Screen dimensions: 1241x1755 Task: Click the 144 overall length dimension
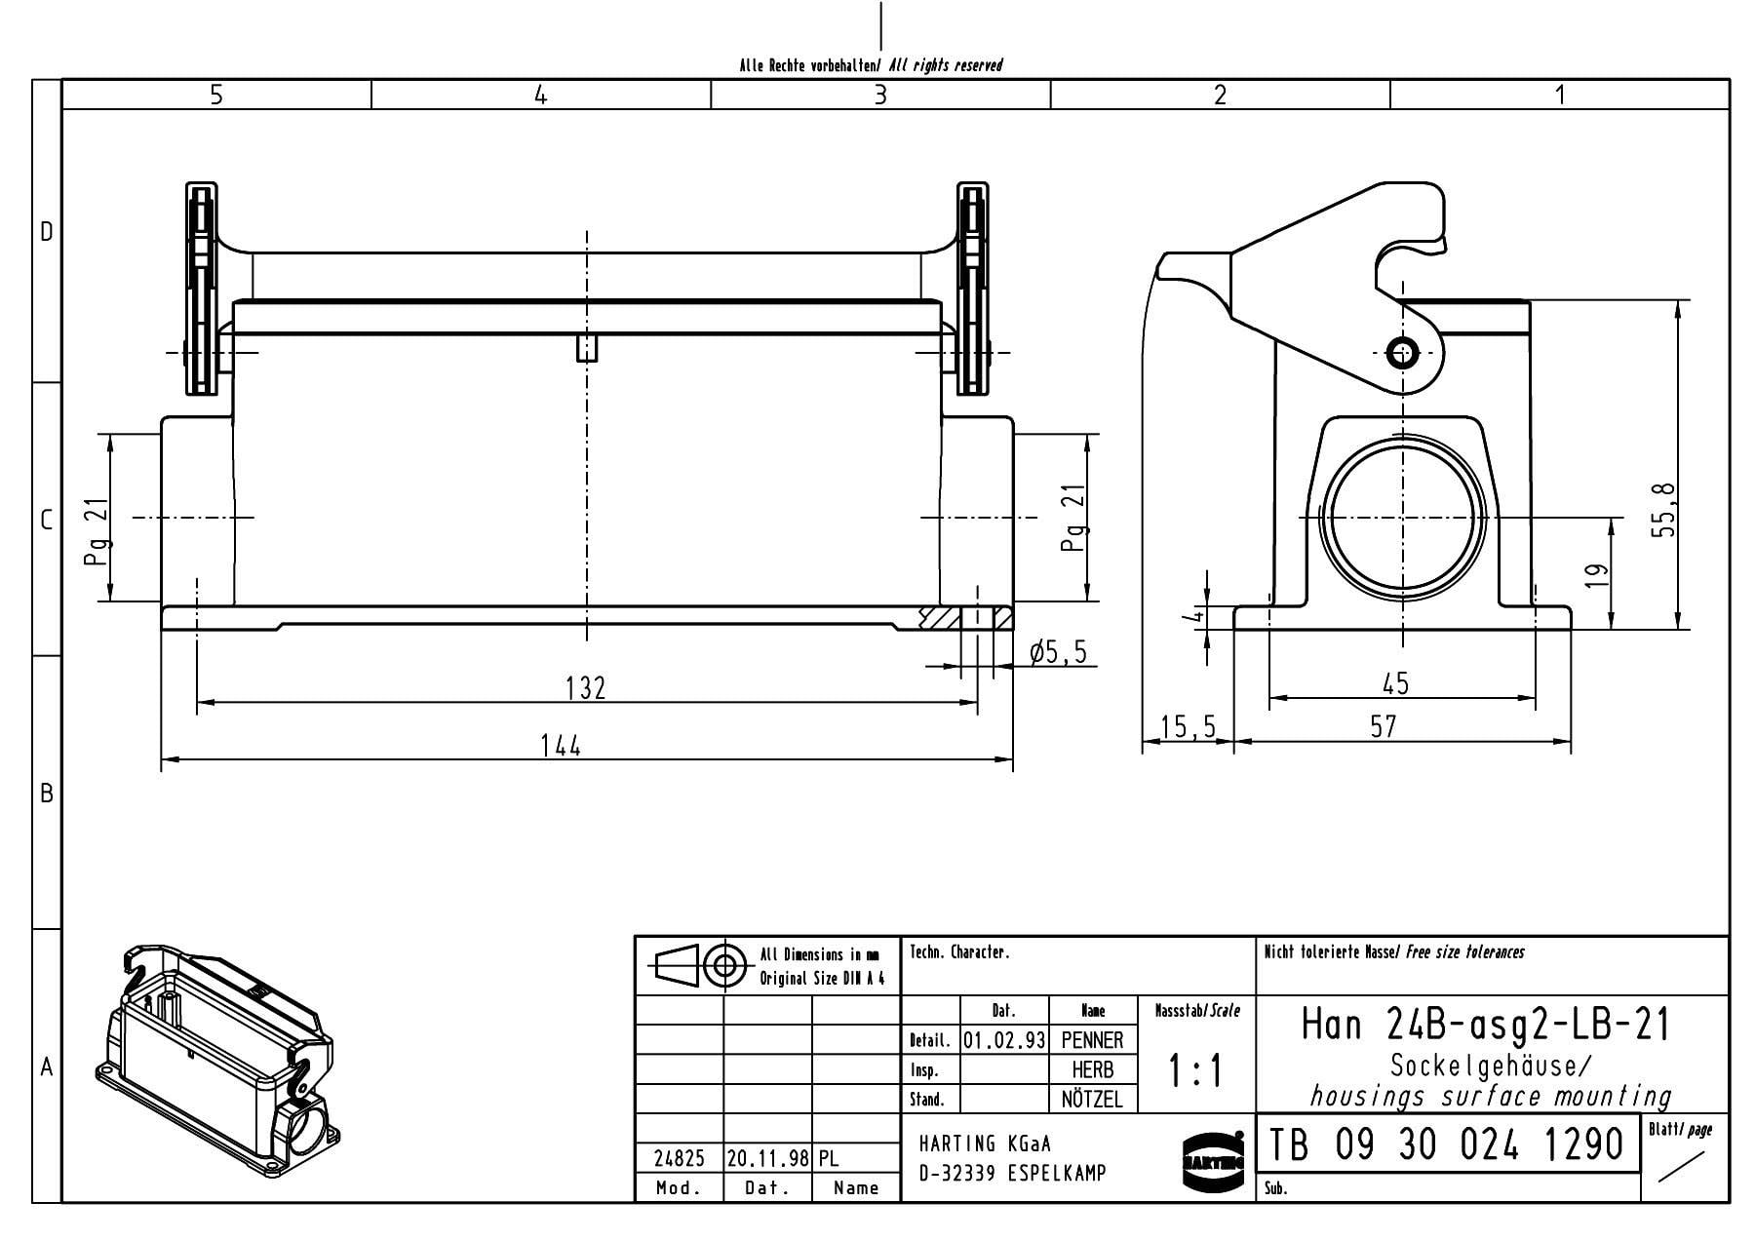(x=561, y=746)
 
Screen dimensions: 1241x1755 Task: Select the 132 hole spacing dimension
(x=585, y=688)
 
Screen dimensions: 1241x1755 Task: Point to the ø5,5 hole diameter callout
(x=1057, y=652)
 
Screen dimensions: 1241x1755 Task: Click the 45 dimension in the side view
(x=1395, y=683)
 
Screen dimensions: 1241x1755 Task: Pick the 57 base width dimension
(x=1383, y=726)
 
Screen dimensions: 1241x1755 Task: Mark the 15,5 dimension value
(x=1189, y=726)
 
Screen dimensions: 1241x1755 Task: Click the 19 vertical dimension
(x=1596, y=575)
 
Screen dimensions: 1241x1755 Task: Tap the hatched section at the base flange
(x=938, y=618)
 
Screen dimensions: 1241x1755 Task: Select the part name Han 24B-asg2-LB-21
(x=1486, y=1025)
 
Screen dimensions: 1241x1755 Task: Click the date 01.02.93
(x=1004, y=1040)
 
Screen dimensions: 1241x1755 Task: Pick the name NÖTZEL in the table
(x=1092, y=1100)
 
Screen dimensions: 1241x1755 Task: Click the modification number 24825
(x=679, y=1158)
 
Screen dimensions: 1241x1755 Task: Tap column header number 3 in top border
(x=880, y=95)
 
